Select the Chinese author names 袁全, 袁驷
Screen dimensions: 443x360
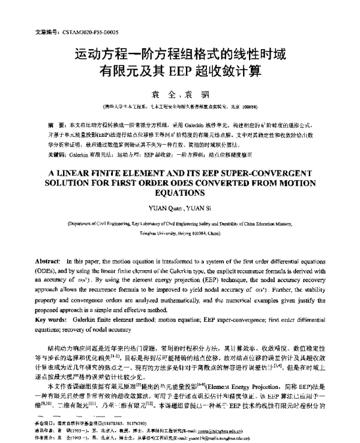pyautogui.click(x=179, y=94)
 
